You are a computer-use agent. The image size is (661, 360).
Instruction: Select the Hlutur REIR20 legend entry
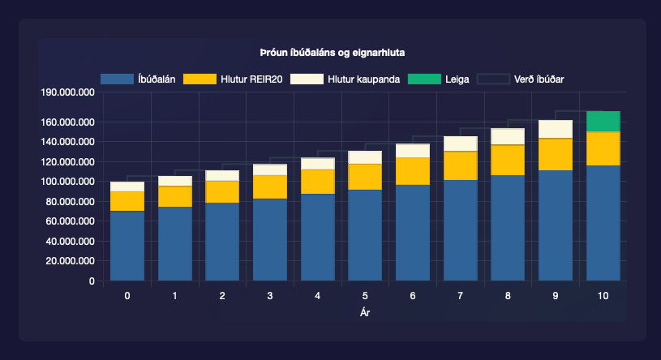click(x=234, y=79)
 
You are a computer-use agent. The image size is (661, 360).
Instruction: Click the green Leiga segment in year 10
click(x=603, y=121)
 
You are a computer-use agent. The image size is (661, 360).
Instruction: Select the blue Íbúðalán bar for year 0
click(x=127, y=246)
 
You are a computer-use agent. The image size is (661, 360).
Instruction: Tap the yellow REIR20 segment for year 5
click(x=365, y=176)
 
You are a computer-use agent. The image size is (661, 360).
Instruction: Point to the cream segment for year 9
click(x=556, y=129)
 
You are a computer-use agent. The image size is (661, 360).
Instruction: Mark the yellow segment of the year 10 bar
click(x=603, y=148)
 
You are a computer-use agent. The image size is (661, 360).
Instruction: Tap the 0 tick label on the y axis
click(x=92, y=281)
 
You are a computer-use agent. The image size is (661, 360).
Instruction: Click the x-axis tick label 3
click(x=270, y=296)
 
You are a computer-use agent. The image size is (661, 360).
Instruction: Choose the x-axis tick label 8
click(x=508, y=296)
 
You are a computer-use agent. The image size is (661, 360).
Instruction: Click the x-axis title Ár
click(x=365, y=311)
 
